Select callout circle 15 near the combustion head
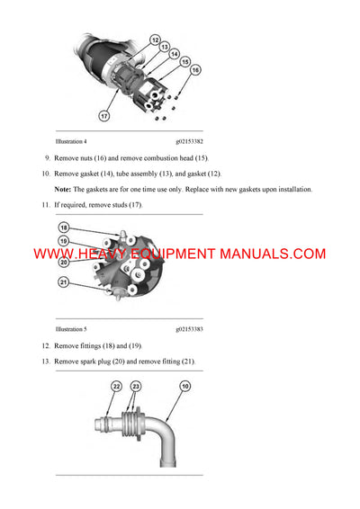tap(186, 62)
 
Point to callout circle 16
tap(195, 70)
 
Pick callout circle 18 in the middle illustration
tap(62, 230)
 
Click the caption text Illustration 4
tap(71, 141)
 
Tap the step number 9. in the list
tap(47, 157)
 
